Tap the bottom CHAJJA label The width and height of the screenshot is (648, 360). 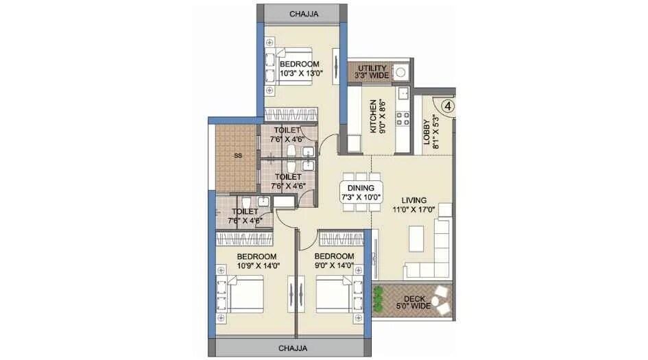(x=293, y=348)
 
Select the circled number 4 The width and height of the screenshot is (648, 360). (x=447, y=106)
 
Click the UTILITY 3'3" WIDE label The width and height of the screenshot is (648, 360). (x=373, y=72)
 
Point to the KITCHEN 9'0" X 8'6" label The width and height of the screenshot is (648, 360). (x=378, y=117)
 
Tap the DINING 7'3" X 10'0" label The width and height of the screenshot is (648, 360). (x=361, y=192)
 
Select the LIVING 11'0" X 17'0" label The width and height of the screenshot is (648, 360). (x=413, y=205)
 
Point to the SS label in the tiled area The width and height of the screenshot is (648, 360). (x=238, y=156)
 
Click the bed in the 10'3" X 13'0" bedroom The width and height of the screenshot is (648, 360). (x=290, y=69)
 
